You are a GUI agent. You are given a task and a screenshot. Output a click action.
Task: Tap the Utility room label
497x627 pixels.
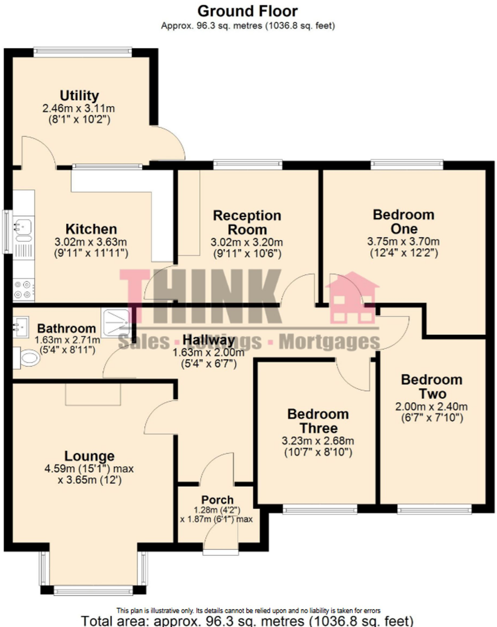click(x=79, y=96)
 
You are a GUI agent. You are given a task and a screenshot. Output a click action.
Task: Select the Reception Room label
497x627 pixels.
click(x=247, y=223)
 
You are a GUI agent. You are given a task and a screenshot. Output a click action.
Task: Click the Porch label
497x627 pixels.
click(x=217, y=500)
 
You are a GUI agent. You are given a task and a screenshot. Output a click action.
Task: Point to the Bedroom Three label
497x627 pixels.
click(x=318, y=421)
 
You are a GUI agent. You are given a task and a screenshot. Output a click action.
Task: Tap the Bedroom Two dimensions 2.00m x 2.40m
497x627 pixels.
click(x=432, y=407)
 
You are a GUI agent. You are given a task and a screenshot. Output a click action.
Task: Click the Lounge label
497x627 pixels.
click(x=89, y=456)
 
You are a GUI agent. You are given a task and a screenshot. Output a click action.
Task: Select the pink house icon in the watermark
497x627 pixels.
click(x=353, y=298)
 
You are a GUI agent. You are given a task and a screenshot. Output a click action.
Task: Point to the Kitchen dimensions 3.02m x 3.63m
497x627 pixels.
click(x=91, y=242)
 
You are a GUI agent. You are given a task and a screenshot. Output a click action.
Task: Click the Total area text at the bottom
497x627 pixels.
click(x=247, y=621)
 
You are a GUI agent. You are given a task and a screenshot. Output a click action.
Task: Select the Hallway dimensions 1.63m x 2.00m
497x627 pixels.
click(x=209, y=353)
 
